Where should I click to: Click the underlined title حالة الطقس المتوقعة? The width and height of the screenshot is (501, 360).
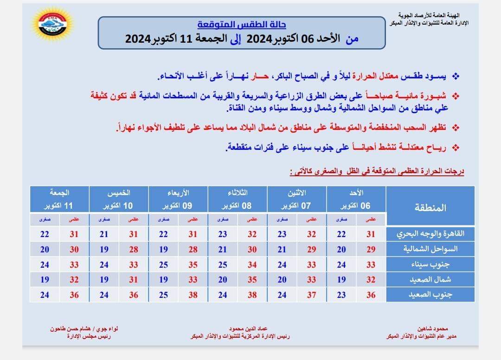click(x=242, y=25)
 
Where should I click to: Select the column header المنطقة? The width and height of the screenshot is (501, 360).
click(x=430, y=207)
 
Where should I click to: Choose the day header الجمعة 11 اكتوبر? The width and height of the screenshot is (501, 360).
click(x=60, y=199)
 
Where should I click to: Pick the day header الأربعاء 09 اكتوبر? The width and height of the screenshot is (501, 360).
click(x=179, y=199)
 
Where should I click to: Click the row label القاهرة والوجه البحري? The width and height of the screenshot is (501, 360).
click(x=430, y=234)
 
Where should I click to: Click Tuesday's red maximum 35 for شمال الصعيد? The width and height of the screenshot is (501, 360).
click(x=252, y=280)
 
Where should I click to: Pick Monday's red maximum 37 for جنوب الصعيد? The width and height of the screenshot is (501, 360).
click(x=312, y=295)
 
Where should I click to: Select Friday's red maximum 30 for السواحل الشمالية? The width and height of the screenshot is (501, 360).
click(x=74, y=250)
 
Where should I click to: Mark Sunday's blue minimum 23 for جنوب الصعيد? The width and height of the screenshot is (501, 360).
click(x=341, y=295)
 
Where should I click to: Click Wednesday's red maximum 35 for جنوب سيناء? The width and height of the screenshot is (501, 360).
click(x=193, y=265)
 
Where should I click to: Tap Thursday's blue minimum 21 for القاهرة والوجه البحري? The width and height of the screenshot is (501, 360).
click(x=104, y=234)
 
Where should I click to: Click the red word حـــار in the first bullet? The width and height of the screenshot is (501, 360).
click(x=258, y=76)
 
